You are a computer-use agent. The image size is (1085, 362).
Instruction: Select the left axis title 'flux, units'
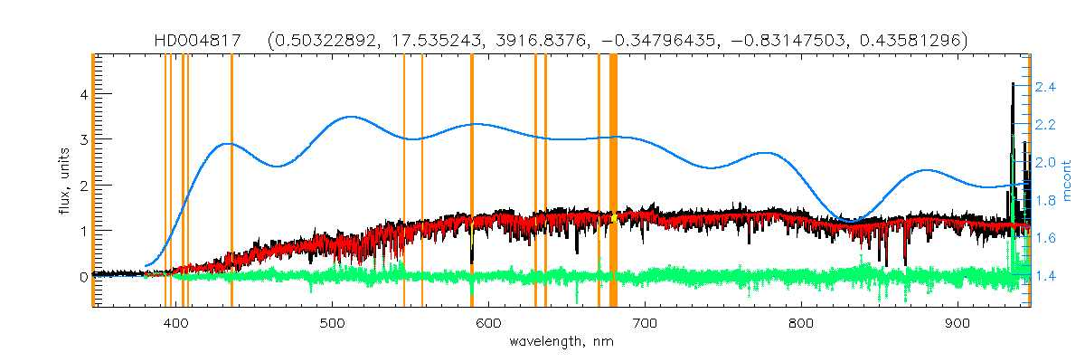click(64, 181)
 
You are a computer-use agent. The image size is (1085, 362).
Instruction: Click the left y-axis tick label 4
click(82, 94)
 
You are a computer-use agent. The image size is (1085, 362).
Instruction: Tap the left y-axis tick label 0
click(82, 277)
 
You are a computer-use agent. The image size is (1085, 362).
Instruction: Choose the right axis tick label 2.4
click(1046, 87)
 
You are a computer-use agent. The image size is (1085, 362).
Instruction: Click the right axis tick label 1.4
click(1046, 275)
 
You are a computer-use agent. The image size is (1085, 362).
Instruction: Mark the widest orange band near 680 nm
click(613, 181)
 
